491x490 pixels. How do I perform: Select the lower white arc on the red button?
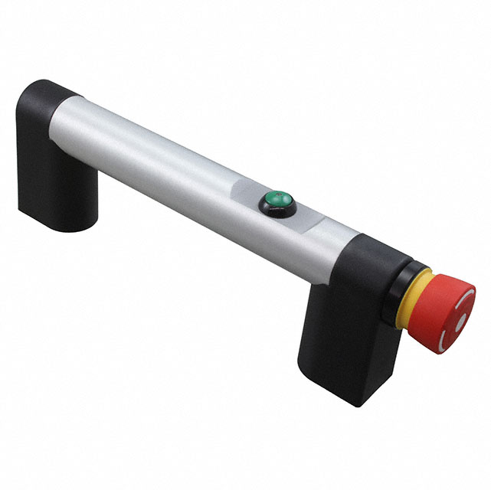(x=448, y=338)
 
